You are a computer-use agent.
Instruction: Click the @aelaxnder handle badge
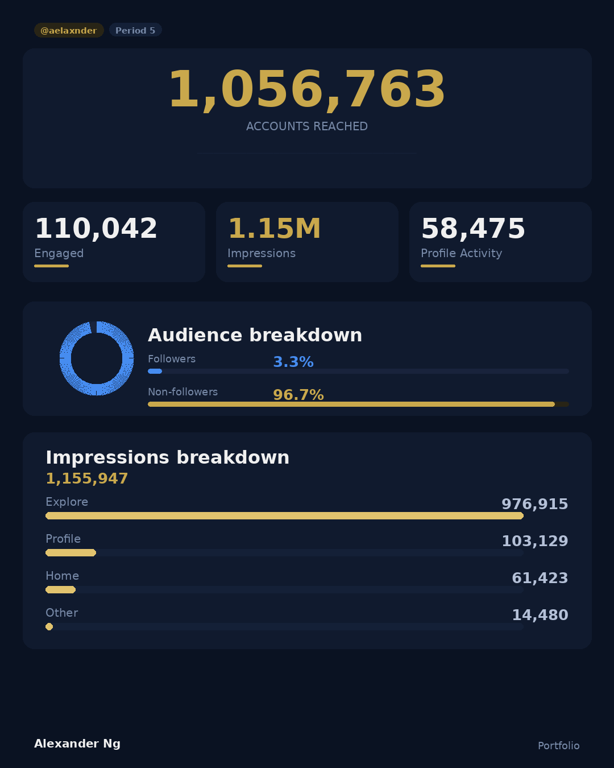(69, 30)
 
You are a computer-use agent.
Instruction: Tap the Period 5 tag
(135, 30)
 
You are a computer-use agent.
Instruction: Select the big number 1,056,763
(307, 90)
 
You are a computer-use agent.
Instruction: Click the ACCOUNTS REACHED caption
(307, 126)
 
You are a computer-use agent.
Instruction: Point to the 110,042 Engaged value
(96, 229)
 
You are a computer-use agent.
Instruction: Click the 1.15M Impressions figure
(274, 229)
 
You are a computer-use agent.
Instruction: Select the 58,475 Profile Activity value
(473, 229)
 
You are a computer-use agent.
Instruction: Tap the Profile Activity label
(461, 253)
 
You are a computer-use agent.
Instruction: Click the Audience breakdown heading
(255, 335)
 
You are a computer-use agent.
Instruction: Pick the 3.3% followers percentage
(293, 362)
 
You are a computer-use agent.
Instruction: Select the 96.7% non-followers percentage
(298, 395)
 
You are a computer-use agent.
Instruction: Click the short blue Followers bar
(155, 371)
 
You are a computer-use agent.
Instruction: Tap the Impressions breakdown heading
(167, 457)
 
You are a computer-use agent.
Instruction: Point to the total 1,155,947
(87, 478)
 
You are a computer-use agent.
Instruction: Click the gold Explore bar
(284, 516)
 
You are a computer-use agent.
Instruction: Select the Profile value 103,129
(534, 541)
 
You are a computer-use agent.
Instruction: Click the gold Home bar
(60, 590)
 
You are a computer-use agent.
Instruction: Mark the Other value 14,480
(540, 615)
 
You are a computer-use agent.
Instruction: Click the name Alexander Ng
(77, 744)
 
